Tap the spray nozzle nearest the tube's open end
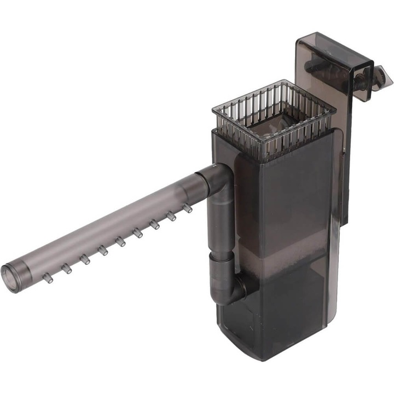coord(48,279)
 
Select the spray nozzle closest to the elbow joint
coord(188,208)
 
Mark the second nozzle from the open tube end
coord(66,269)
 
